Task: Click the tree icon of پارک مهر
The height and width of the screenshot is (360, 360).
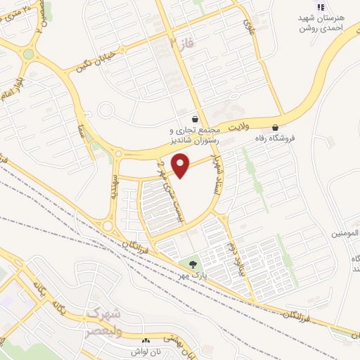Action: click(x=191, y=265)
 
